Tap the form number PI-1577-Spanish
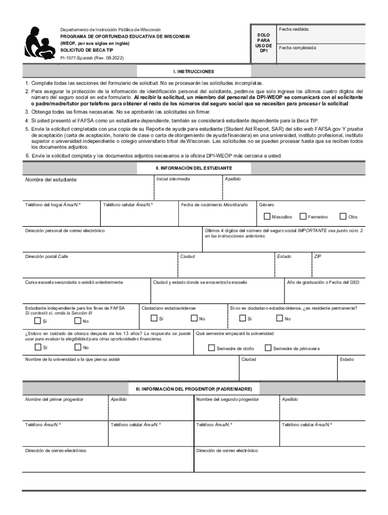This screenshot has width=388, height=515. (92, 58)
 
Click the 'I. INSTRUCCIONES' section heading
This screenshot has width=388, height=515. (194, 71)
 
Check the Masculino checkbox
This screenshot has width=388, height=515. (267, 216)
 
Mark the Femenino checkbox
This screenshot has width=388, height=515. (303, 216)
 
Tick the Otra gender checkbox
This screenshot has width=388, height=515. (343, 216)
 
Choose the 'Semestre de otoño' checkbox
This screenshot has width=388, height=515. (211, 348)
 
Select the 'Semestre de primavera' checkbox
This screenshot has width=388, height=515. (268, 348)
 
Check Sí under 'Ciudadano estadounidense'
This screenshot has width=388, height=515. (154, 318)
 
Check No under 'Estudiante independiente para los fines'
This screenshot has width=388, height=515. (78, 321)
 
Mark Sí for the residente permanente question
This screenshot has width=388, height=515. (242, 318)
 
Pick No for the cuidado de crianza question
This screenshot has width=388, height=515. (78, 347)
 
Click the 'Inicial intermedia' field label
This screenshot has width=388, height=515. (173, 179)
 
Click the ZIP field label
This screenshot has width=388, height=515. (317, 256)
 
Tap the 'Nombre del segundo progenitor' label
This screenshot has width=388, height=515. (227, 399)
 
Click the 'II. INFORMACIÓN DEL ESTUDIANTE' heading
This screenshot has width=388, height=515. (194, 167)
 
